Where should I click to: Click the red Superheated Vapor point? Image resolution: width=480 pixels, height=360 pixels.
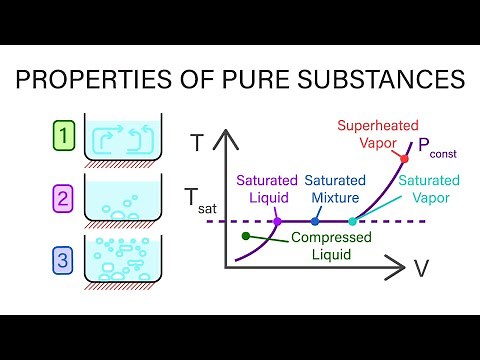tap(404, 159)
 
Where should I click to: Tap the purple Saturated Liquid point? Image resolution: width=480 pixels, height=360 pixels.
tap(278, 221)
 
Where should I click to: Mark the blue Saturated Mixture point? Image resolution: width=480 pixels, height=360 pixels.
tap(315, 221)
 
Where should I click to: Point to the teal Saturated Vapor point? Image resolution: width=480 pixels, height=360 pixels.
tap(353, 221)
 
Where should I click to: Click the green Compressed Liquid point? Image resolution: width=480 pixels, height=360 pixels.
tap(246, 236)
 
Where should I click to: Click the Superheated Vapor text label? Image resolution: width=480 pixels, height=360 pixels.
tap(372, 134)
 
